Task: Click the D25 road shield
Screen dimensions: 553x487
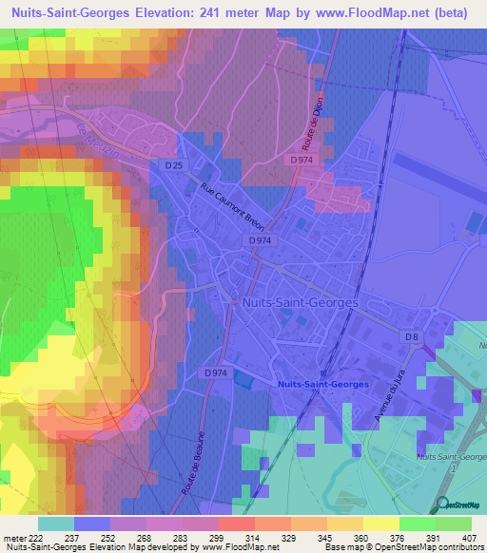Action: point(172,165)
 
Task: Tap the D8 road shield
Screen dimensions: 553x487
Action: point(412,336)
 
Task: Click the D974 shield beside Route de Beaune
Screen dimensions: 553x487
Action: point(216,372)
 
